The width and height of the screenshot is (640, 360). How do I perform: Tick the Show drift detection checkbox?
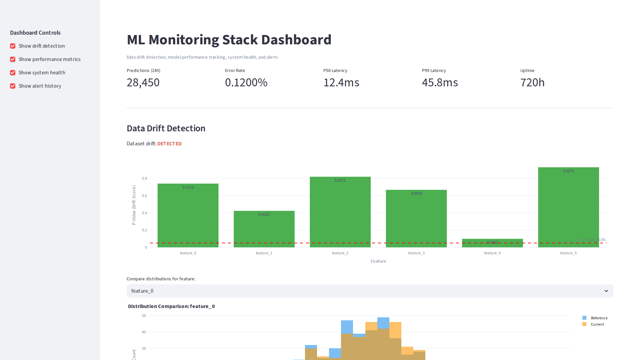coord(13,46)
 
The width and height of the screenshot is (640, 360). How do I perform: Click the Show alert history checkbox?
coord(13,86)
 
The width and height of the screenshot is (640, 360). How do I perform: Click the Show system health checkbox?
coord(13,73)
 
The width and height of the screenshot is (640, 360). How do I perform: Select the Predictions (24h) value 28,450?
coord(143,82)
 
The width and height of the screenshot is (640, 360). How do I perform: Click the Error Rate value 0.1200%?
coord(246,82)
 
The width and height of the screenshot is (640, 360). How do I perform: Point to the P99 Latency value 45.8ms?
coord(440,82)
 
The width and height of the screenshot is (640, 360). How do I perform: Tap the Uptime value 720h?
coord(532,82)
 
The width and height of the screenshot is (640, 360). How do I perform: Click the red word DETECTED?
coord(169,144)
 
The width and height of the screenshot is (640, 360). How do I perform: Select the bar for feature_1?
coord(264,230)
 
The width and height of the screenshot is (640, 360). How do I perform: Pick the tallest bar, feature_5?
coord(568,207)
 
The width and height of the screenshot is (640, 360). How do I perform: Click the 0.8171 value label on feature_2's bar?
coord(340,180)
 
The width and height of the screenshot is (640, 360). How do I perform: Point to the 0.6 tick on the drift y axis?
coord(144,196)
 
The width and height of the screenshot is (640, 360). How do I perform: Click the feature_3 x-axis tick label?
coord(416,253)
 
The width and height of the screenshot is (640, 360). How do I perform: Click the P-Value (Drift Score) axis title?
coord(134,205)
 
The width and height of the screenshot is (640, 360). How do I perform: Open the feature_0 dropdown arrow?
coord(606,291)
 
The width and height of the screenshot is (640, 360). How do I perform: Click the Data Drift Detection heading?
coord(166,128)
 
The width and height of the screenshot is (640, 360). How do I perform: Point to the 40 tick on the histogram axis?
coord(144,332)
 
